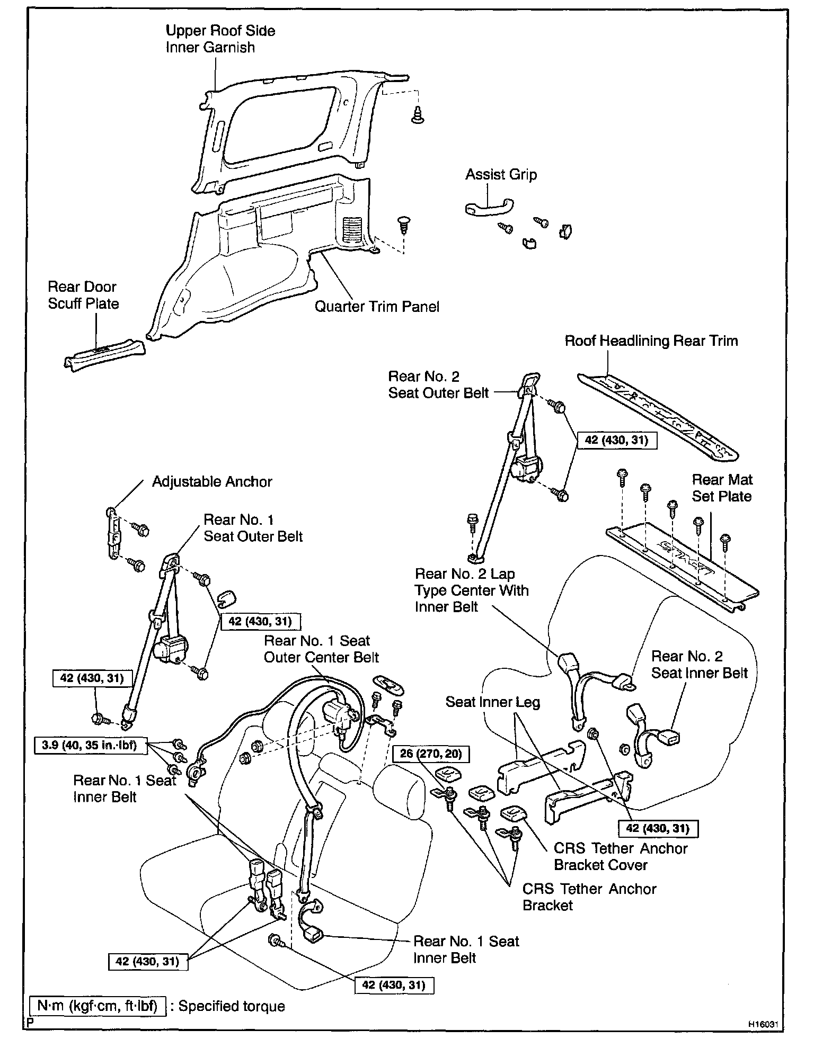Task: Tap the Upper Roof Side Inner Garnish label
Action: pos(220,39)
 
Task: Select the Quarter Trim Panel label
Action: pos(377,307)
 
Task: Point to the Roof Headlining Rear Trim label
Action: pos(651,341)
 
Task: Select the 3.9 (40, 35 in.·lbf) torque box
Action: pos(89,745)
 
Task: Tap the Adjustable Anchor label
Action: pos(212,481)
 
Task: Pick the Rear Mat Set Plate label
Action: pos(722,488)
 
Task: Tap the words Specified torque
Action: pos(232,1007)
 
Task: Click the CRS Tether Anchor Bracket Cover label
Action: pos(620,856)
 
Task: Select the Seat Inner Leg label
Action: pos(492,702)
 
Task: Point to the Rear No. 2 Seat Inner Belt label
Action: pos(699,665)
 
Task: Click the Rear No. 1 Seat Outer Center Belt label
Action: pos(321,649)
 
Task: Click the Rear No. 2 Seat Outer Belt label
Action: pos(438,384)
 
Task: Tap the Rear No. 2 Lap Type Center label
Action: pos(472,590)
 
